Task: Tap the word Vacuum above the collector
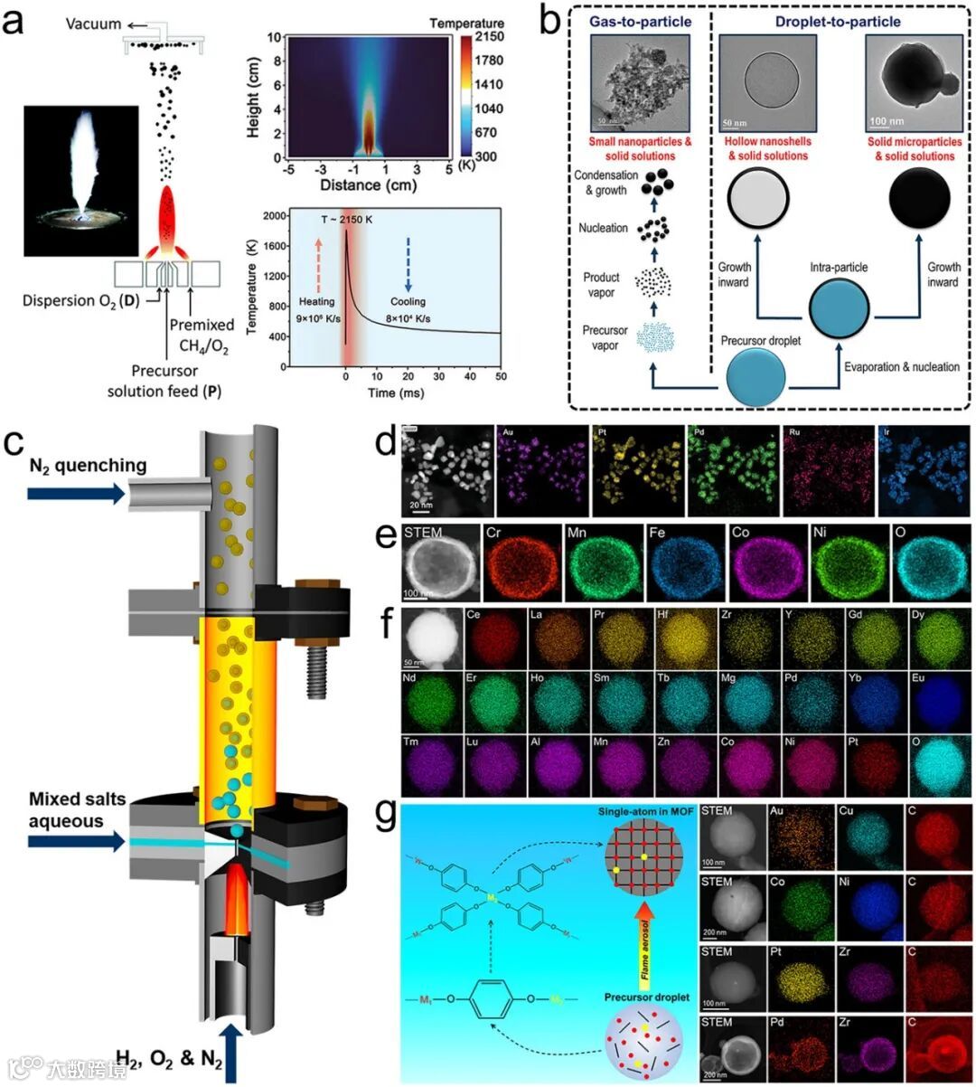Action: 93,24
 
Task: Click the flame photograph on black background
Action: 81,180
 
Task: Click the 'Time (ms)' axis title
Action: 393,393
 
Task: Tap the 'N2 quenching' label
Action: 87,466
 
